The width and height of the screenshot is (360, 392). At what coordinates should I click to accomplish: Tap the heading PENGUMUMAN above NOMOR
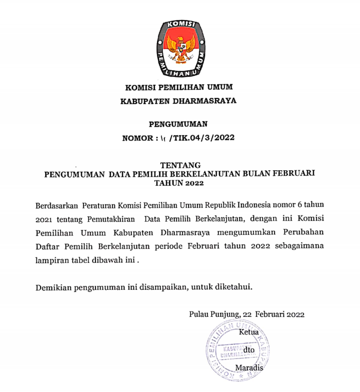(x=178, y=123)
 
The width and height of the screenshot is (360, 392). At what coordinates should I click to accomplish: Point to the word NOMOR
(x=137, y=137)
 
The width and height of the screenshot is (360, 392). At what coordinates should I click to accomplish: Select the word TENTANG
(x=180, y=165)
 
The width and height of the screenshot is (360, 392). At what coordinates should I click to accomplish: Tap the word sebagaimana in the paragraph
(x=299, y=246)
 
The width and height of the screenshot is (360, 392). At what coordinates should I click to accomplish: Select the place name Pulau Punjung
(x=213, y=314)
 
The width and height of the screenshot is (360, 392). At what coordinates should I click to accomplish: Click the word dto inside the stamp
(x=248, y=349)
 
